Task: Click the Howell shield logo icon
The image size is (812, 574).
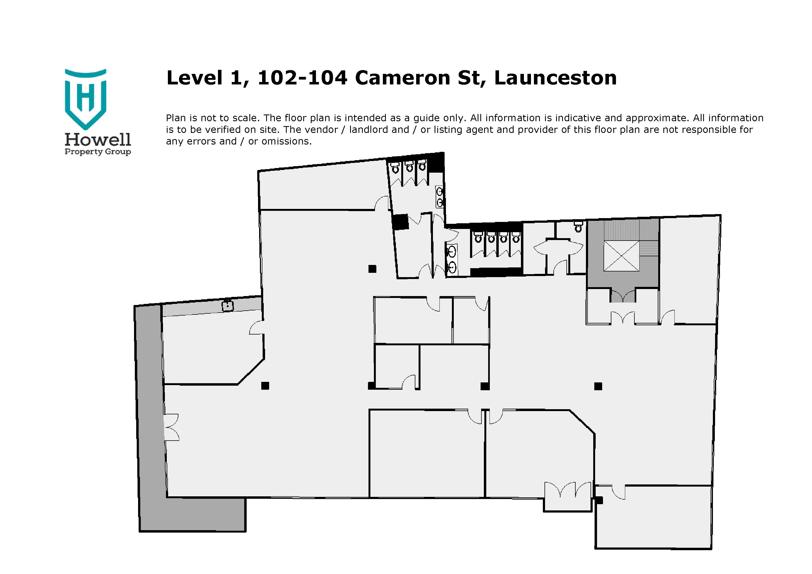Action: click(85, 99)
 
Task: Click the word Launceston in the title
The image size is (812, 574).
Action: click(555, 78)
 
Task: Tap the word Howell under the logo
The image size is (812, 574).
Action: click(98, 140)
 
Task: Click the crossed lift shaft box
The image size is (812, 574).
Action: click(621, 256)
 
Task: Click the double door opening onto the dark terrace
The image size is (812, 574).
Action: click(171, 427)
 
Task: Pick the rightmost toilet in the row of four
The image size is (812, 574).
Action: click(516, 238)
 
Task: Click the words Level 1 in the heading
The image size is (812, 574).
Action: click(207, 78)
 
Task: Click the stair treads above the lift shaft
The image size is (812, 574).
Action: click(621, 230)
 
